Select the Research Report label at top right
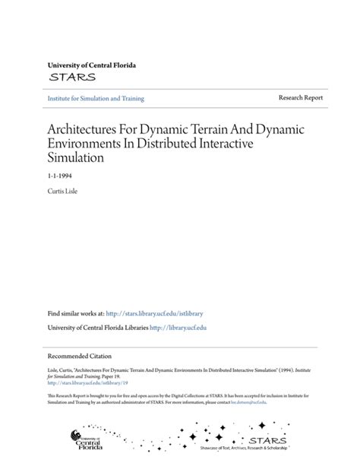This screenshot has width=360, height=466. (x=300, y=98)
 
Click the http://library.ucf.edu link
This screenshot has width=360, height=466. (x=178, y=327)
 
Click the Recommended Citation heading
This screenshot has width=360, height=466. (x=79, y=355)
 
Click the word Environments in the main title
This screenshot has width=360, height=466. (x=84, y=144)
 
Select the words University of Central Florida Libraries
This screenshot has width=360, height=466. (x=98, y=327)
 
